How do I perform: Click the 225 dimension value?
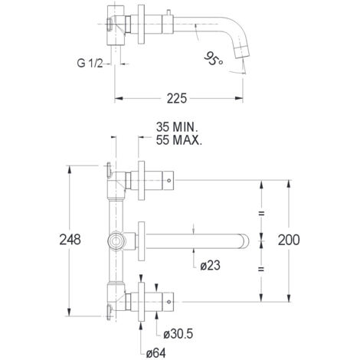(x=177, y=98)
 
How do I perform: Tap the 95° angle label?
(x=214, y=58)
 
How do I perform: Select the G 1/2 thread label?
(x=90, y=63)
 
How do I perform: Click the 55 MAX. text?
(x=179, y=140)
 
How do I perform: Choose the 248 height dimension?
(x=70, y=240)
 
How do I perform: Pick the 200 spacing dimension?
(x=289, y=241)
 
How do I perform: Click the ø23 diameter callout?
(x=210, y=266)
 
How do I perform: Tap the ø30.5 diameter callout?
(x=178, y=334)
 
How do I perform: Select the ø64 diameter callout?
(x=156, y=353)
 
